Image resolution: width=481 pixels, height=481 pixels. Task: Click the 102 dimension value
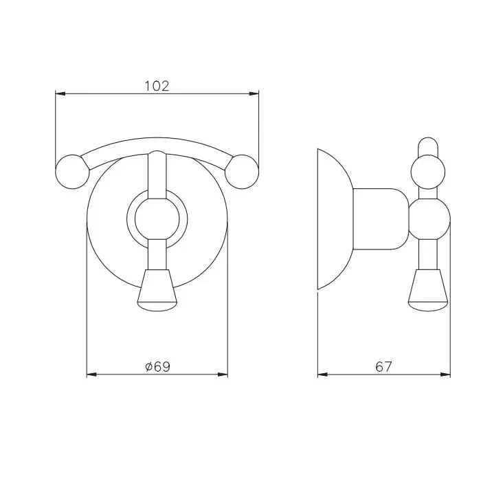tap(157, 86)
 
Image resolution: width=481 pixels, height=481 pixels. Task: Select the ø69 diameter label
tap(157, 366)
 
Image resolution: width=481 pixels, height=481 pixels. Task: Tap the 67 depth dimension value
tap(383, 366)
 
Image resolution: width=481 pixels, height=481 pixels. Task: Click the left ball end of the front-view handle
tap(72, 172)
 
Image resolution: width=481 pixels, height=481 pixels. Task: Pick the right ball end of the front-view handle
tap(242, 172)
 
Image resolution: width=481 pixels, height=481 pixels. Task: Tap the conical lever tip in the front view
tap(157, 291)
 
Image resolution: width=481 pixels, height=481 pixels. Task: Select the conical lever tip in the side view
tap(429, 291)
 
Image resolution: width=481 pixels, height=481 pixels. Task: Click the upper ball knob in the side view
tap(428, 172)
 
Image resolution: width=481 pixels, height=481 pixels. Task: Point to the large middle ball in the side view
tap(429, 219)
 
